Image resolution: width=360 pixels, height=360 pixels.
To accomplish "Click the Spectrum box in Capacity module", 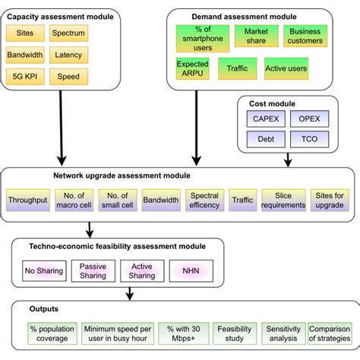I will (69, 33).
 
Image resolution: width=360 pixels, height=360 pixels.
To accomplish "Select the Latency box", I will (69, 55).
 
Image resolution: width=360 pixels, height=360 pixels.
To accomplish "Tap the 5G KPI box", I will (25, 77).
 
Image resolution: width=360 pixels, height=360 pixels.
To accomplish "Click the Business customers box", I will (305, 36).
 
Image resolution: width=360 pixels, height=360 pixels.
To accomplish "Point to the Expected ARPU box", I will (192, 69).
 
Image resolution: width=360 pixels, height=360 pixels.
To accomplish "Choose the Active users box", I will (286, 69).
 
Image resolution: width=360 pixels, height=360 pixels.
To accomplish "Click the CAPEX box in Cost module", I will (266, 118).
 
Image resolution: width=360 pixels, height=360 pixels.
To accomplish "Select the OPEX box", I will (308, 118).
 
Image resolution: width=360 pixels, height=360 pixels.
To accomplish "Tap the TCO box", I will (308, 140).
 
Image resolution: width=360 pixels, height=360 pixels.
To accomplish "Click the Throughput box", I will (27, 200).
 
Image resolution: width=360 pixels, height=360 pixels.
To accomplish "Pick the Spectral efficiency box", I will (204, 200).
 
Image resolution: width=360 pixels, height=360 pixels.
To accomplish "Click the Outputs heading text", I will (44, 310).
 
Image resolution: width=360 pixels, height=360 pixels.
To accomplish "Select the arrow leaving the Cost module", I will (289, 159).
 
